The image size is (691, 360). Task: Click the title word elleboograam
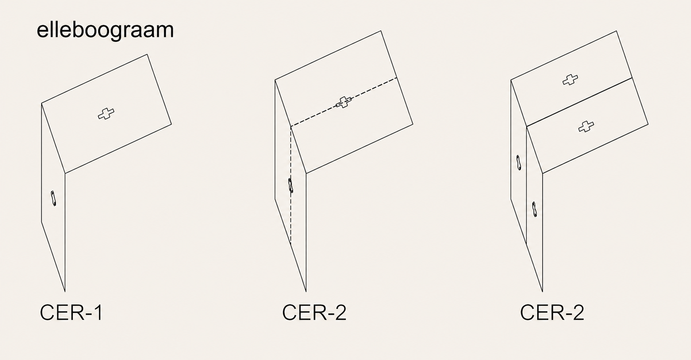(105, 30)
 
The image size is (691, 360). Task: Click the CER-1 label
(72, 313)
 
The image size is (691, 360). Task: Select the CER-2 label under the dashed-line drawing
(314, 313)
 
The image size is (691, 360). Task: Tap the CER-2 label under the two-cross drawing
(552, 313)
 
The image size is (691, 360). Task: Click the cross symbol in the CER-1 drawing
(106, 114)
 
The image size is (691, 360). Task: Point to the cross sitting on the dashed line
(344, 102)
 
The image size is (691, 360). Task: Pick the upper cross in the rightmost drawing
(570, 80)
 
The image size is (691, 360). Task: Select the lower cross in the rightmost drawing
(586, 126)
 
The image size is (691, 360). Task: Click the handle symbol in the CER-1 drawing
(53, 198)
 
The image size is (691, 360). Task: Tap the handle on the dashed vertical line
(291, 186)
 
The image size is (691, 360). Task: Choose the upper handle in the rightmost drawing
(518, 163)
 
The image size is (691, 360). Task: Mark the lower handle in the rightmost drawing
(535, 209)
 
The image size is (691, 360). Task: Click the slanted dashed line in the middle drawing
(344, 102)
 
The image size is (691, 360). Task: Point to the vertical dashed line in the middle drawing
(291, 185)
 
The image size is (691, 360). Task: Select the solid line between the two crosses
(579, 102)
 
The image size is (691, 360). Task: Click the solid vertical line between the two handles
(526, 185)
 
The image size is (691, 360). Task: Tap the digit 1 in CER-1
(99, 313)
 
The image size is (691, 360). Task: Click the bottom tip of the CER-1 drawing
(65, 292)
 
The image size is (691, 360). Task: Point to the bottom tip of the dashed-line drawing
(306, 292)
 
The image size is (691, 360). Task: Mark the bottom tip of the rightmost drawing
(542, 292)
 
